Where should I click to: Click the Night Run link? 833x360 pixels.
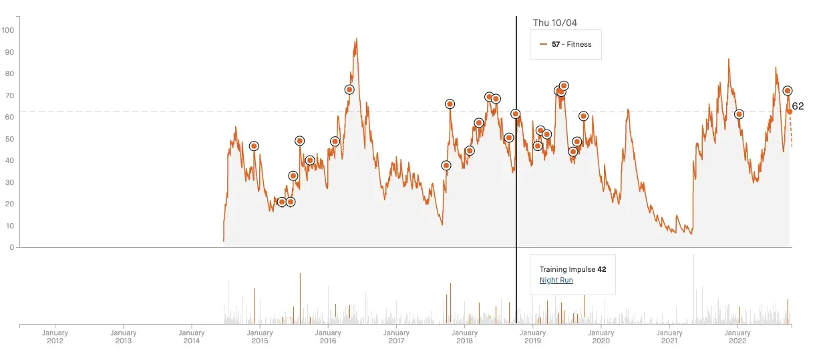556,281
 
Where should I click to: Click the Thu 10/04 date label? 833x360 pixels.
554,23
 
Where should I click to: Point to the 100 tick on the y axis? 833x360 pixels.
8,30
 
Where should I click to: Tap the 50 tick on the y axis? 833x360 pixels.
9,139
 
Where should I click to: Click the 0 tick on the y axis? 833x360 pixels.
11,247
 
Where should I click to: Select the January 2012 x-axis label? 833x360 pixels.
55,337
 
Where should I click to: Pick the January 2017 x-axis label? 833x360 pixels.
396,337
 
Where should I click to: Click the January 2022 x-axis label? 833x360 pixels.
737,337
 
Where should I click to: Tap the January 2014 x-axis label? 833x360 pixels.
192,337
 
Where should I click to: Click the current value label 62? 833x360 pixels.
798,106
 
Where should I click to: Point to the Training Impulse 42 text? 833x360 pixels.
572,269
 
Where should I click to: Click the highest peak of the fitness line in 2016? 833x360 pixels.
357,39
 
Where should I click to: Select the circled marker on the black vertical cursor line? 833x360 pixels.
516,114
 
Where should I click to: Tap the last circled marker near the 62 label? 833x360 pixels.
788,91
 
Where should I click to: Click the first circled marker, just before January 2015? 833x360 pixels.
254,146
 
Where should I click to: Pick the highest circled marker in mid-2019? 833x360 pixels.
564,85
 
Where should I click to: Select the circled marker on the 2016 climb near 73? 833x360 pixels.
349,89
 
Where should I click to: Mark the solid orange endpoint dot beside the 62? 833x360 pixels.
789,112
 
